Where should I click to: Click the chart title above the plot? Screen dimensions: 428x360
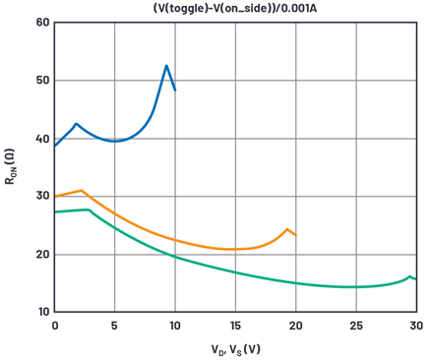point(235,8)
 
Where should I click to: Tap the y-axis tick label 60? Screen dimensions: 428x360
point(43,23)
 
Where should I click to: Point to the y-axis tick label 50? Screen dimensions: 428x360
point(43,81)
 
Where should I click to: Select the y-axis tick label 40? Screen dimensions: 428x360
point(43,139)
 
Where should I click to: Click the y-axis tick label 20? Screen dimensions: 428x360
point(43,255)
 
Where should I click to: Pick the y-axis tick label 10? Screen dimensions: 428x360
point(43,312)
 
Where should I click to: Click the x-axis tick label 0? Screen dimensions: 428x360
point(55,326)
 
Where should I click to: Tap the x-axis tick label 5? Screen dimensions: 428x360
point(114,326)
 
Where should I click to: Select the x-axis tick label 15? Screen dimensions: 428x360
point(235,326)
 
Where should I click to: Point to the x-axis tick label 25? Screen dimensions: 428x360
point(356,326)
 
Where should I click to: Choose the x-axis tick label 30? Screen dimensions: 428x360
point(416,326)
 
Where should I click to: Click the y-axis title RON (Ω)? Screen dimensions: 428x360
point(11,167)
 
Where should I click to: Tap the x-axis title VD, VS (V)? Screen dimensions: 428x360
point(235,349)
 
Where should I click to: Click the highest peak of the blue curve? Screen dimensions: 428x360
point(166,66)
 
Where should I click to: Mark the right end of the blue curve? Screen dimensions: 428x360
point(175,90)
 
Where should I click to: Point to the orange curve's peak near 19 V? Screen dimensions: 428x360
point(287,229)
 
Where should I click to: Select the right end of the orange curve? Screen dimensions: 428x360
point(296,235)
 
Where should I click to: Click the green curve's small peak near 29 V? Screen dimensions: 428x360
point(409,276)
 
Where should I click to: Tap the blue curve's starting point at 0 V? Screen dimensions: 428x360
point(55,146)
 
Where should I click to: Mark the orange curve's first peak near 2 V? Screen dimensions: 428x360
point(82,190)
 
